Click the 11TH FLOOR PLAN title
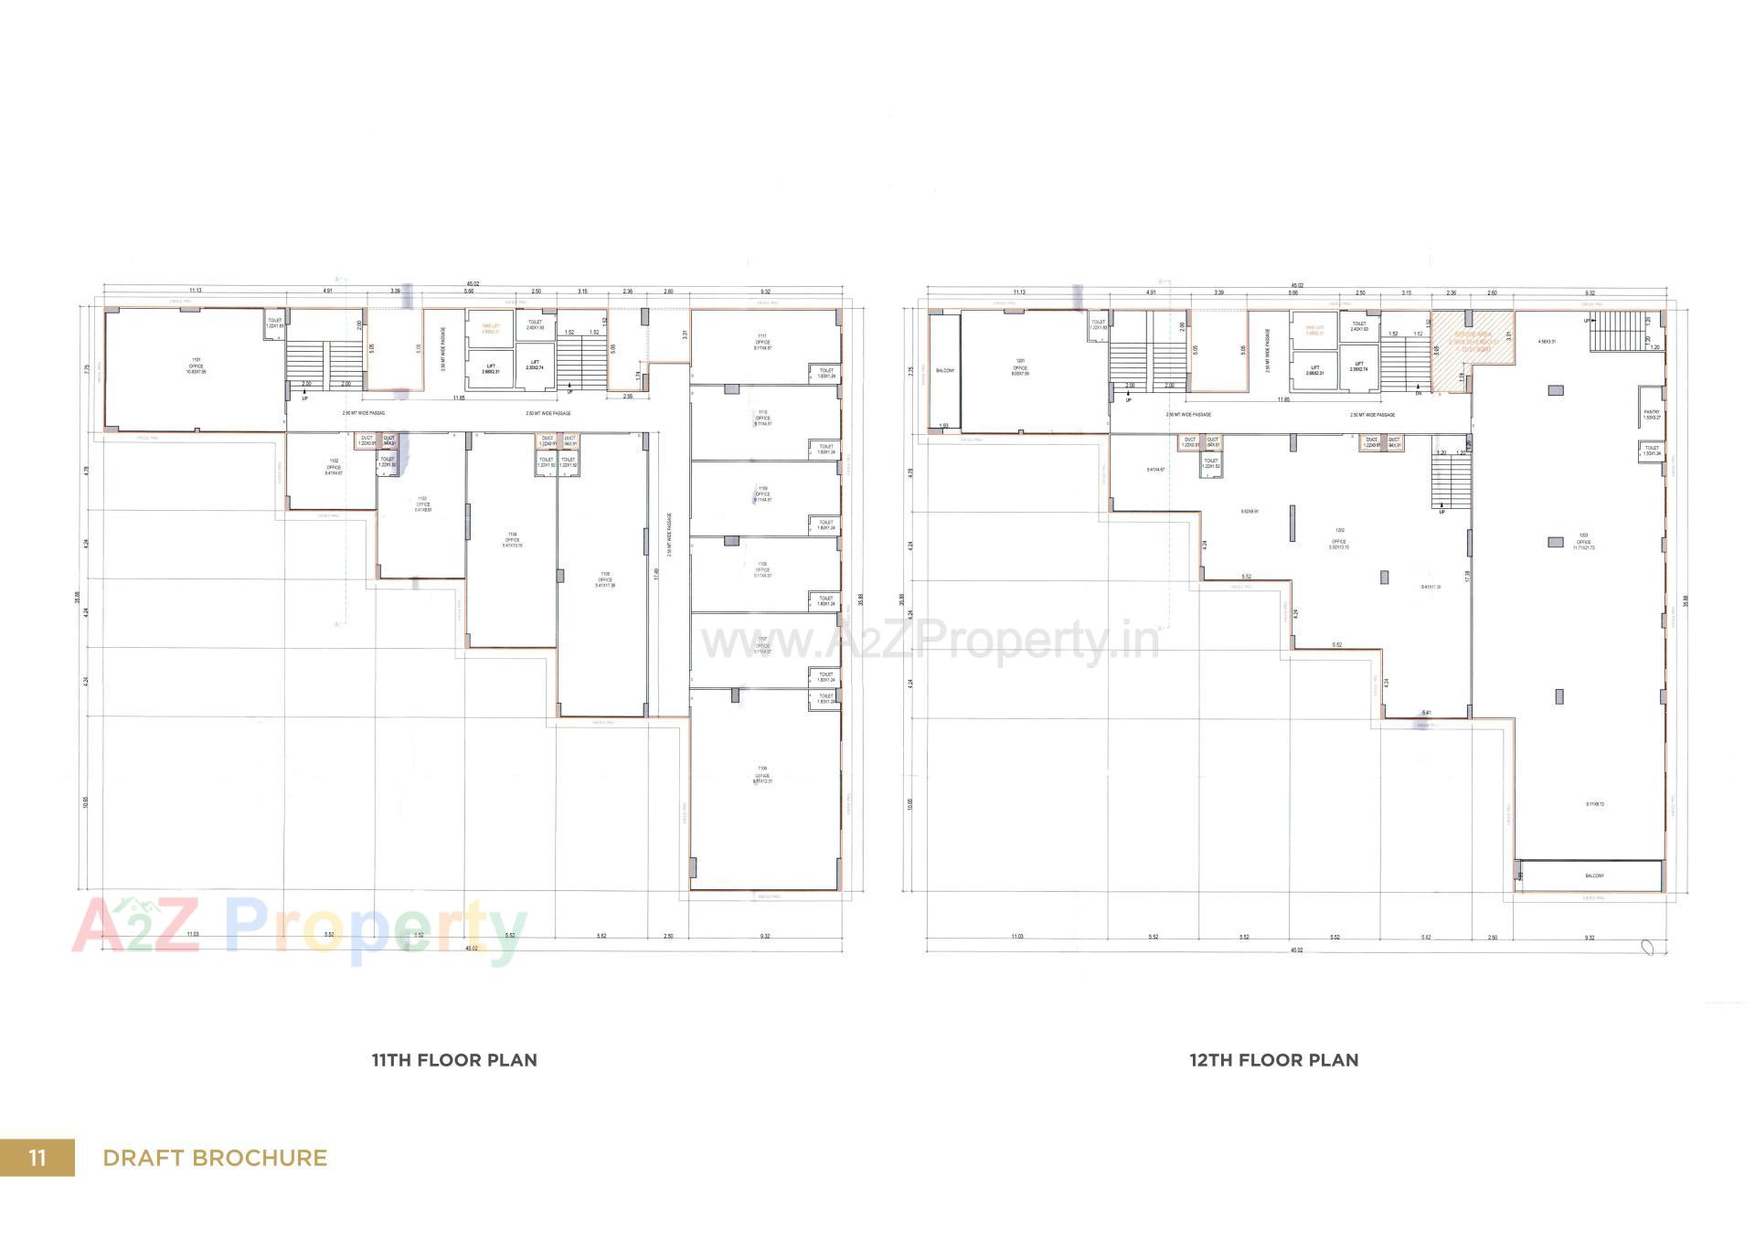(x=454, y=1060)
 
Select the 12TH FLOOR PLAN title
(x=1273, y=1060)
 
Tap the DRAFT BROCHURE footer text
(x=215, y=1158)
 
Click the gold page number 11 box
(x=37, y=1158)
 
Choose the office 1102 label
(x=334, y=467)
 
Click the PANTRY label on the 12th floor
(x=1651, y=415)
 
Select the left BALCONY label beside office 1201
(x=945, y=370)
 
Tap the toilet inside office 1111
(x=826, y=373)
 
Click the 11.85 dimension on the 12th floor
(x=1283, y=399)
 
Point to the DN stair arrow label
(x=1418, y=393)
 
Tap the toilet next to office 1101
(x=275, y=323)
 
